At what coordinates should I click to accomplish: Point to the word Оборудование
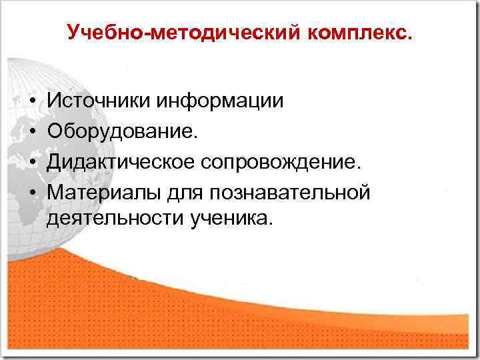[x=122, y=131]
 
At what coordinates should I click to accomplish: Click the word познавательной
[x=289, y=191]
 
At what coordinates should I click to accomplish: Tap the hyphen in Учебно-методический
[x=147, y=33]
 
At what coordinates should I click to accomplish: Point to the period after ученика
[x=271, y=225]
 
